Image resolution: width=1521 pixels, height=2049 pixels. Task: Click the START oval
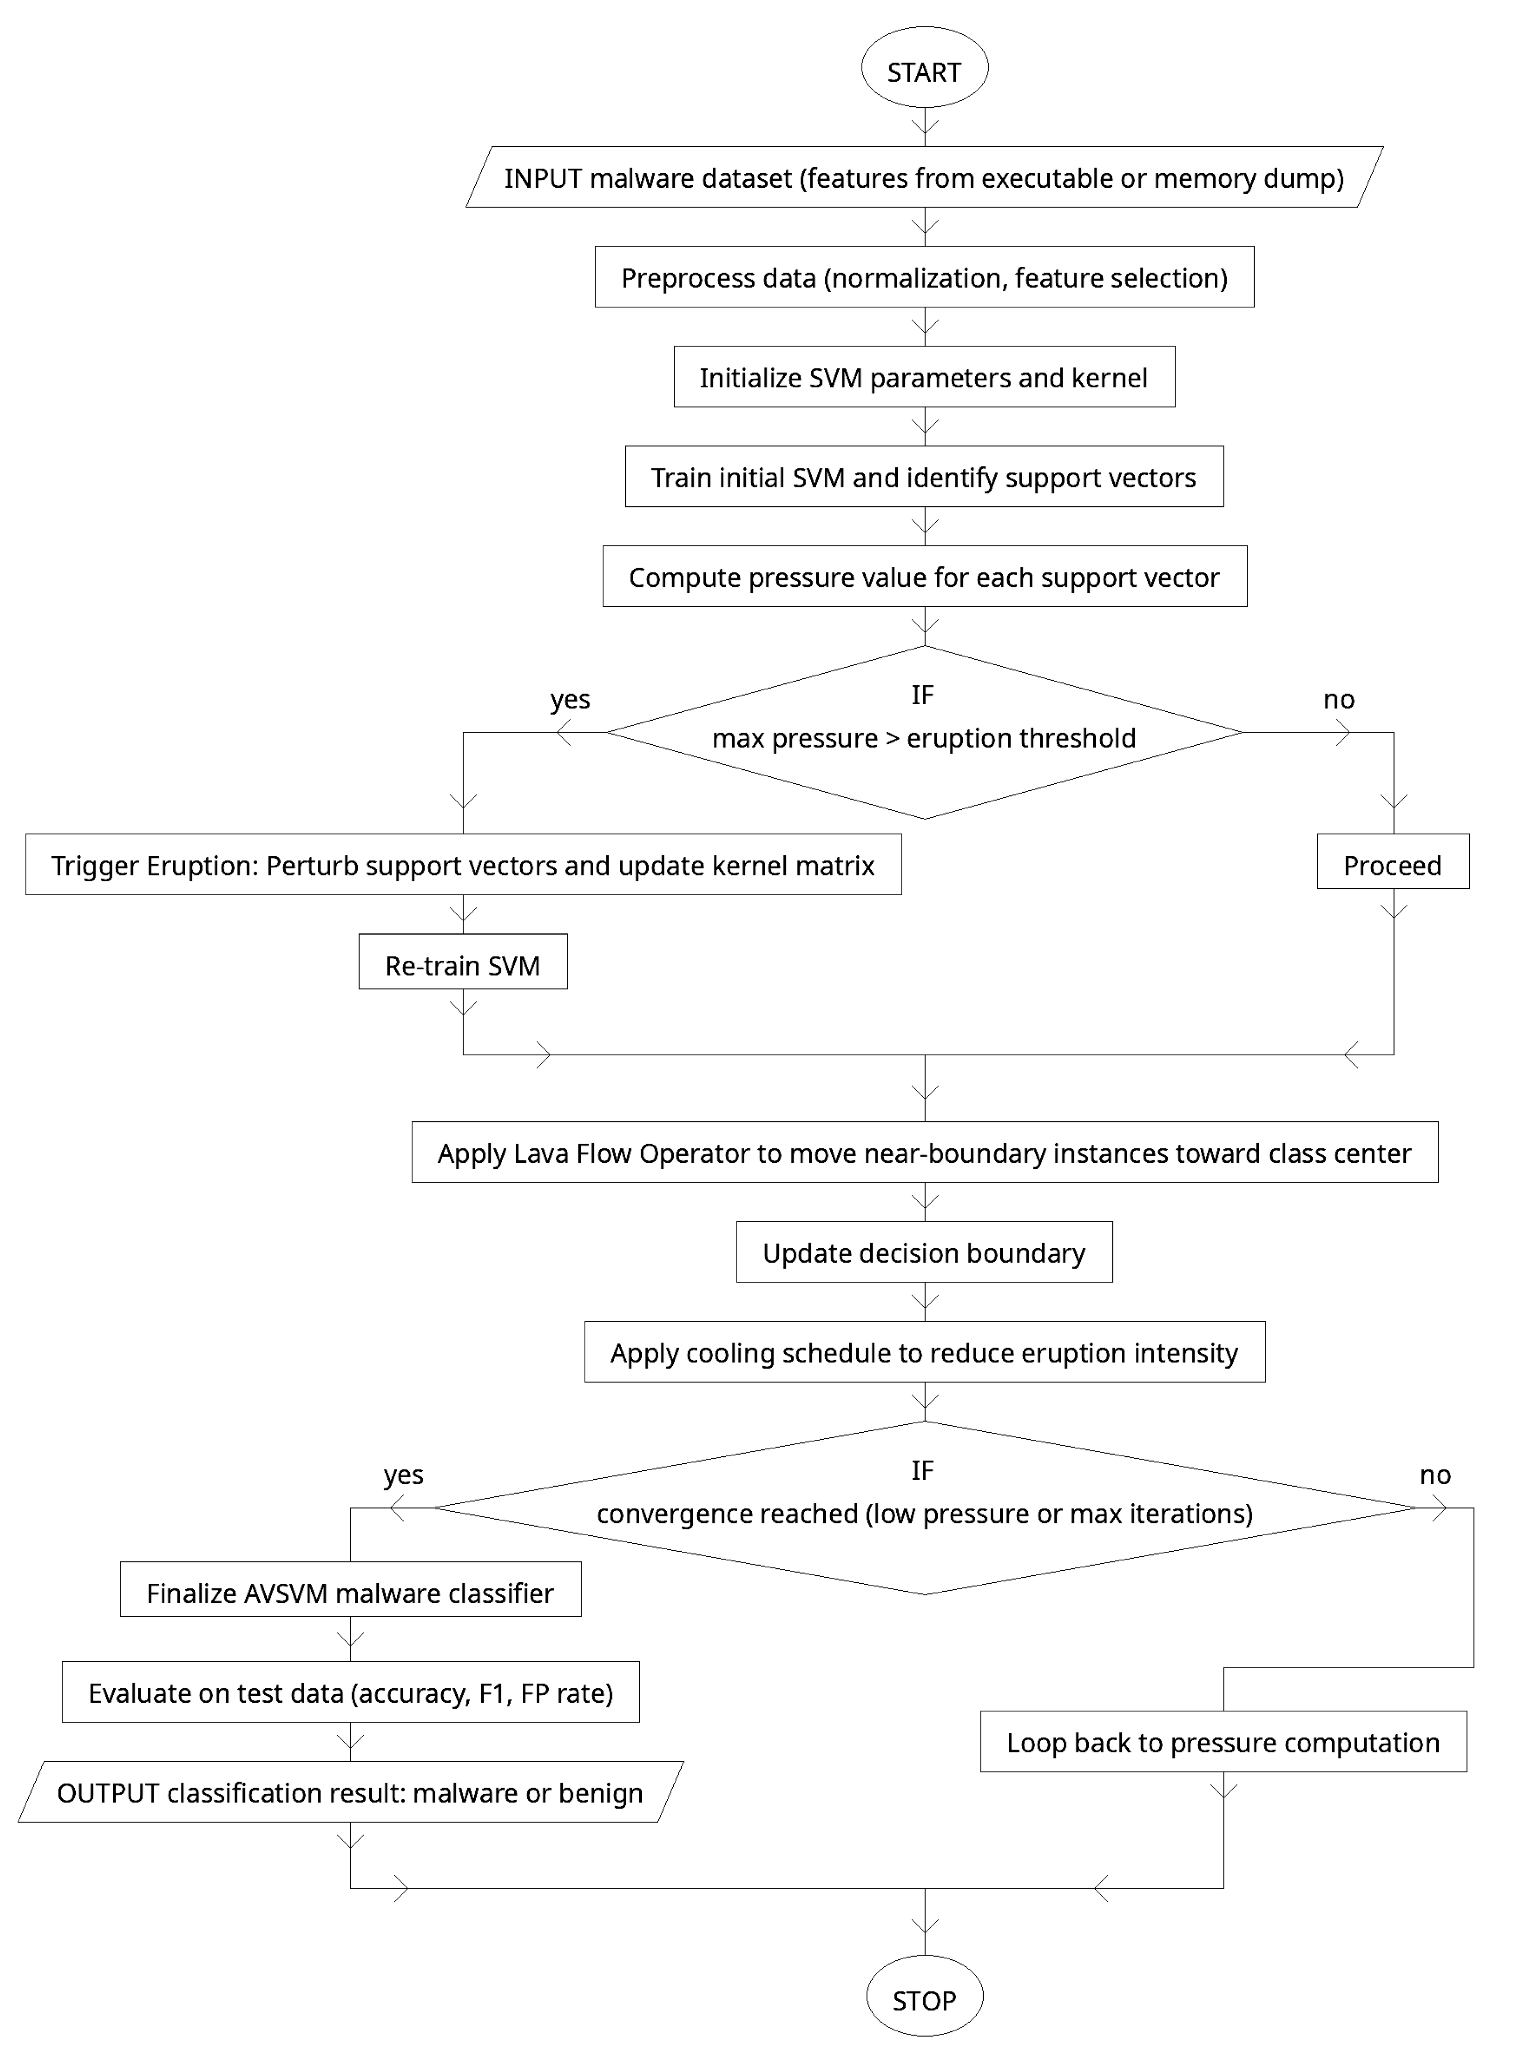pyautogui.click(x=925, y=68)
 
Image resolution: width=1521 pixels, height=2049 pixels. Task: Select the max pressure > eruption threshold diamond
pyautogui.click(x=925, y=733)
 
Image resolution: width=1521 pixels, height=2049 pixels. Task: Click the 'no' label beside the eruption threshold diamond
pyautogui.click(x=1339, y=700)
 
